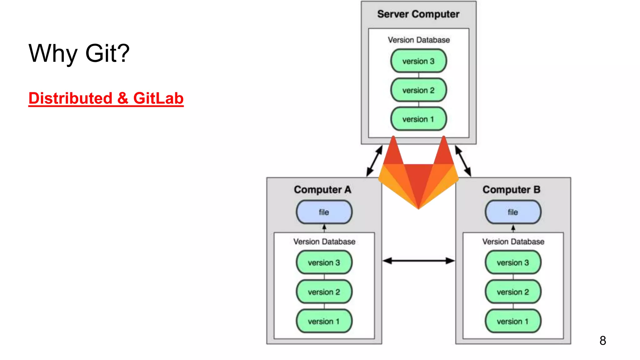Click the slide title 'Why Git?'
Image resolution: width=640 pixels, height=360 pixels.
[x=79, y=53]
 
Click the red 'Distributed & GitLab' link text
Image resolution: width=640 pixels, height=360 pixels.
[x=106, y=98]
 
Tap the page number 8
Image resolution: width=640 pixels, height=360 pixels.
[x=603, y=341]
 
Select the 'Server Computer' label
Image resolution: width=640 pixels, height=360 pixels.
[x=418, y=14]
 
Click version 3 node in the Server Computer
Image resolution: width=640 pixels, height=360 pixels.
[x=418, y=61]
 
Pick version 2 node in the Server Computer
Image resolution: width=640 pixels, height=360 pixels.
[x=418, y=90]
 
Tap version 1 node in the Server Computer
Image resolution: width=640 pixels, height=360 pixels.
[x=418, y=119]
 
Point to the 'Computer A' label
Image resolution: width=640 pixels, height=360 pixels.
[x=322, y=190]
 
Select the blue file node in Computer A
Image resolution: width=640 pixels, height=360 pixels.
[x=324, y=212]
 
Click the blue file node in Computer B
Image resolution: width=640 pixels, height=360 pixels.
[x=513, y=212]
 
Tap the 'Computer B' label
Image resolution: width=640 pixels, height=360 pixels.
[x=511, y=190]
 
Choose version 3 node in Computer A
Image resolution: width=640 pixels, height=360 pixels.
[x=324, y=262]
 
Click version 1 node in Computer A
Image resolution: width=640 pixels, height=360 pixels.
[x=324, y=321]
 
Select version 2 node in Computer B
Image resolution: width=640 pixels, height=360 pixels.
[x=513, y=292]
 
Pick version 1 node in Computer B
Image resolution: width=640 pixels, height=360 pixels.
[x=513, y=321]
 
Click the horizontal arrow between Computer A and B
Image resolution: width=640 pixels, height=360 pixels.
[x=418, y=261]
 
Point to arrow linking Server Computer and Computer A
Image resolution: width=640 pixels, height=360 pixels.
[x=374, y=161]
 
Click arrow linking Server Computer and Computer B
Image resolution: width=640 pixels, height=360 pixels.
[x=463, y=161]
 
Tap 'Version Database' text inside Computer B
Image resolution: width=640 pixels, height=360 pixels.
[x=513, y=242]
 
